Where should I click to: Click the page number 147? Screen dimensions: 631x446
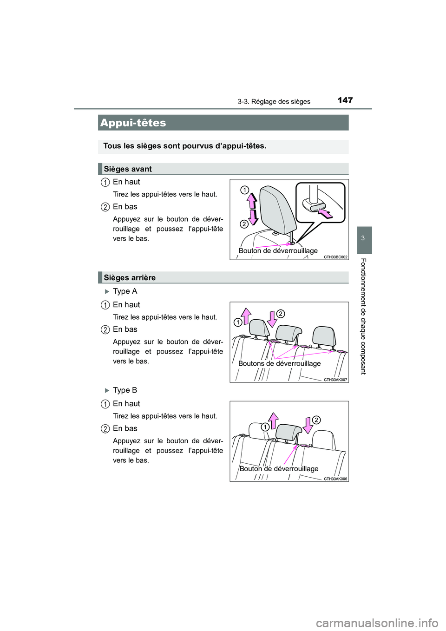345,100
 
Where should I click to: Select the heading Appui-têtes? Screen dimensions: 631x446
133,123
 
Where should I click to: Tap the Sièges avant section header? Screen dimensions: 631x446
128,169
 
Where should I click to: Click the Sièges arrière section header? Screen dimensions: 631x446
130,278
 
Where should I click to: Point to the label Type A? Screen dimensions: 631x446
125,291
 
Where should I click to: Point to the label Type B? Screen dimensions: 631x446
125,390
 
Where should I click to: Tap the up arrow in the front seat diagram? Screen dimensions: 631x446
251,200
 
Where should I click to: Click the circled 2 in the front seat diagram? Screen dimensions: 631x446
244,224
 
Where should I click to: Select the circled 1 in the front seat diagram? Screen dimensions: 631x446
244,190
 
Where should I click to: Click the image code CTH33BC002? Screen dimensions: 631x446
335,257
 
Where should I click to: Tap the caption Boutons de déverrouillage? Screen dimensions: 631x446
279,363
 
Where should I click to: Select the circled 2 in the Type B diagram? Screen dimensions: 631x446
316,420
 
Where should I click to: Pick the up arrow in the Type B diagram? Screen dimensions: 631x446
274,421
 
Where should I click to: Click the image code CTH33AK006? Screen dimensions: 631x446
335,479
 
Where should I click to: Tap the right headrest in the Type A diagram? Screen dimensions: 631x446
324,335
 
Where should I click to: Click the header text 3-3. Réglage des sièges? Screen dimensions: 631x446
274,102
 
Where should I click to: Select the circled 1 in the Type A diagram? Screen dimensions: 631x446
238,322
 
